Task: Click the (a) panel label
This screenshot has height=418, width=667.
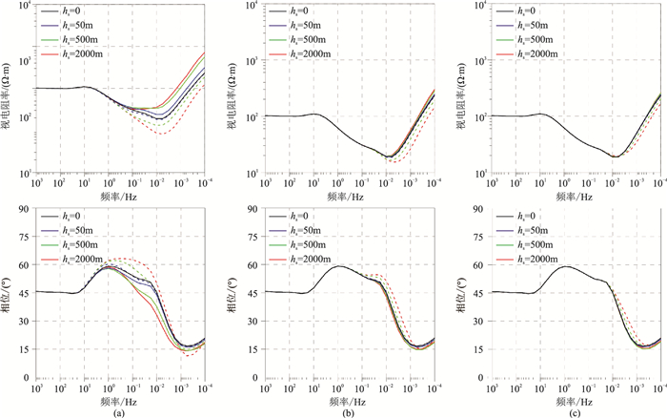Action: click(116, 412)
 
